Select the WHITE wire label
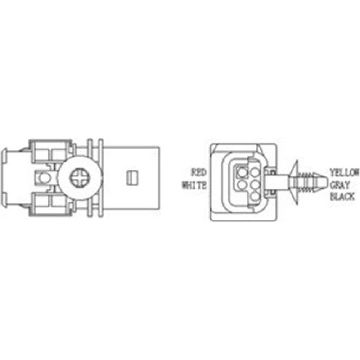(194, 185)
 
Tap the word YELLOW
(344, 173)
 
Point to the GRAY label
(340, 185)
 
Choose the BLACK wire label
(342, 197)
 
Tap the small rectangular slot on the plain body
(132, 178)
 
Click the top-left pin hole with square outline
(242, 172)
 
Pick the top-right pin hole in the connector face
(255, 172)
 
